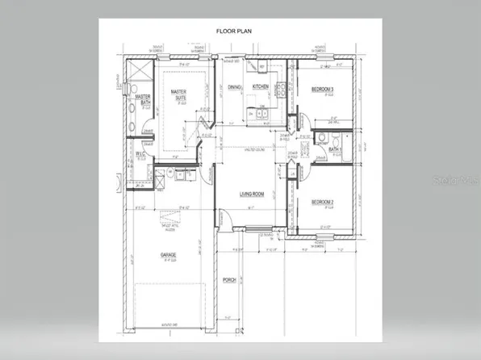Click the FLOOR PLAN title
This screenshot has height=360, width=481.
coord(235,31)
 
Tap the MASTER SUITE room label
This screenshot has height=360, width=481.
coord(179,97)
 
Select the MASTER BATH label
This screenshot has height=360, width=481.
coord(146,99)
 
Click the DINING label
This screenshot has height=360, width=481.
coord(235,86)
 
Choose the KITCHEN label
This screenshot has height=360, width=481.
coord(260,86)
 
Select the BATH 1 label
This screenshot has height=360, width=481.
coord(335,149)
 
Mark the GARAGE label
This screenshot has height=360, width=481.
coord(168,255)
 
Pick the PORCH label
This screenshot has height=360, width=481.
coord(228,282)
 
